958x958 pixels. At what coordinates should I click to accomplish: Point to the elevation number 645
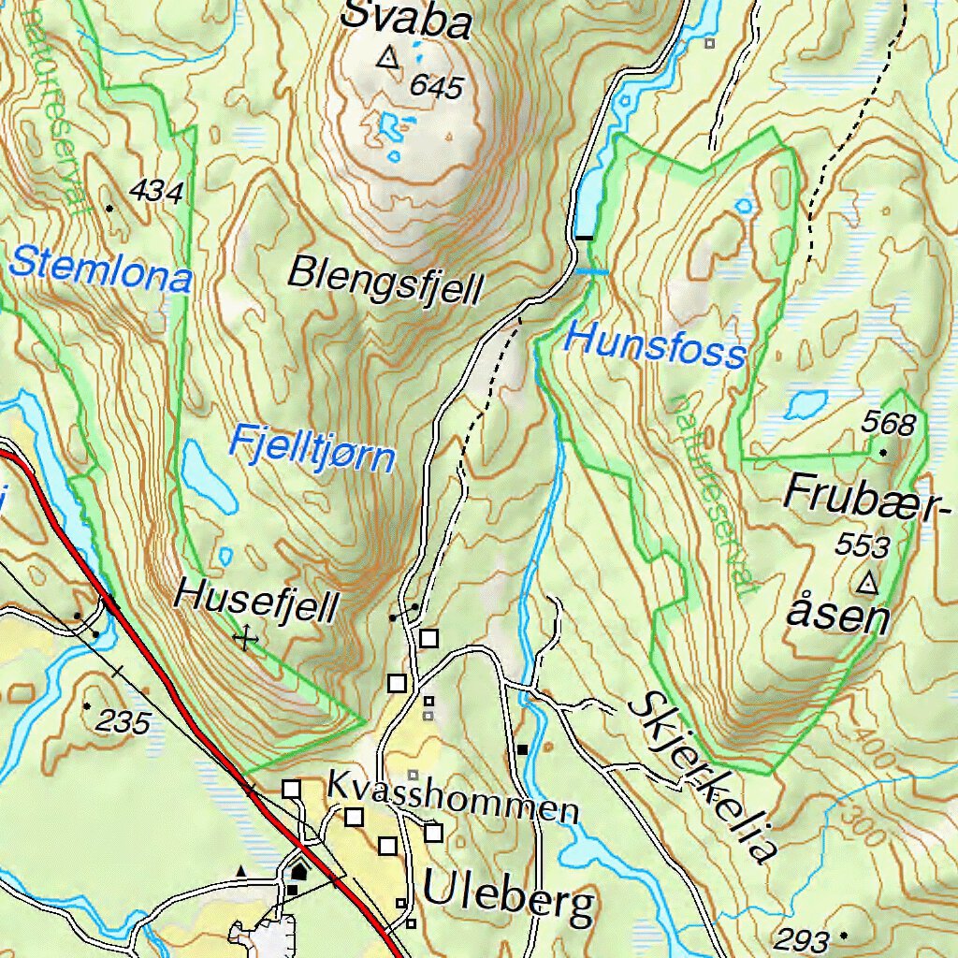436,87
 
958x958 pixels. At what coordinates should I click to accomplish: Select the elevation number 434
156,192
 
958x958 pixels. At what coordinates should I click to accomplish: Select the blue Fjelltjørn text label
312,447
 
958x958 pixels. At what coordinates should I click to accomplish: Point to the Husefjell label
256,602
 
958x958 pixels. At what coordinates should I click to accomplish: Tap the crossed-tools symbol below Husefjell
245,639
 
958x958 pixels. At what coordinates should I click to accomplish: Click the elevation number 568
888,425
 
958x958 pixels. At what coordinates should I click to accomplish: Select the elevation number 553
862,545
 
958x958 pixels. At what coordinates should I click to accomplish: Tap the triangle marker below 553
868,584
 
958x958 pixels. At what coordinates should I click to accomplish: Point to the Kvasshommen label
452,798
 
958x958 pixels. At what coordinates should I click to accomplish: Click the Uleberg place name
508,896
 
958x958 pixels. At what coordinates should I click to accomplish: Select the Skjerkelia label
703,777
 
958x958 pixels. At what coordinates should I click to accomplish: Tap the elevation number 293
803,939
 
